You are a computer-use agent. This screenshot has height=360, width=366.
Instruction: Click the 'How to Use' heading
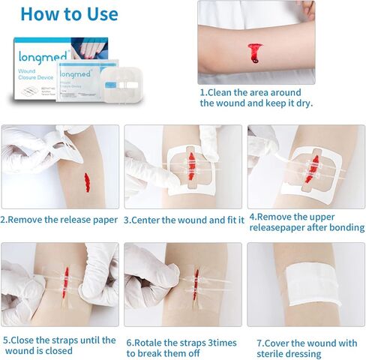tap(69, 13)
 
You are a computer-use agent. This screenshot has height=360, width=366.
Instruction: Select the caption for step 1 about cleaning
tap(256, 98)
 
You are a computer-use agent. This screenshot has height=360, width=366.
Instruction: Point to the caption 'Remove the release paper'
tap(59, 220)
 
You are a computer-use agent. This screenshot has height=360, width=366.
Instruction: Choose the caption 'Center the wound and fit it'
tap(184, 220)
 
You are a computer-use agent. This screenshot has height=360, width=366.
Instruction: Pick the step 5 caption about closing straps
tap(59, 345)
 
